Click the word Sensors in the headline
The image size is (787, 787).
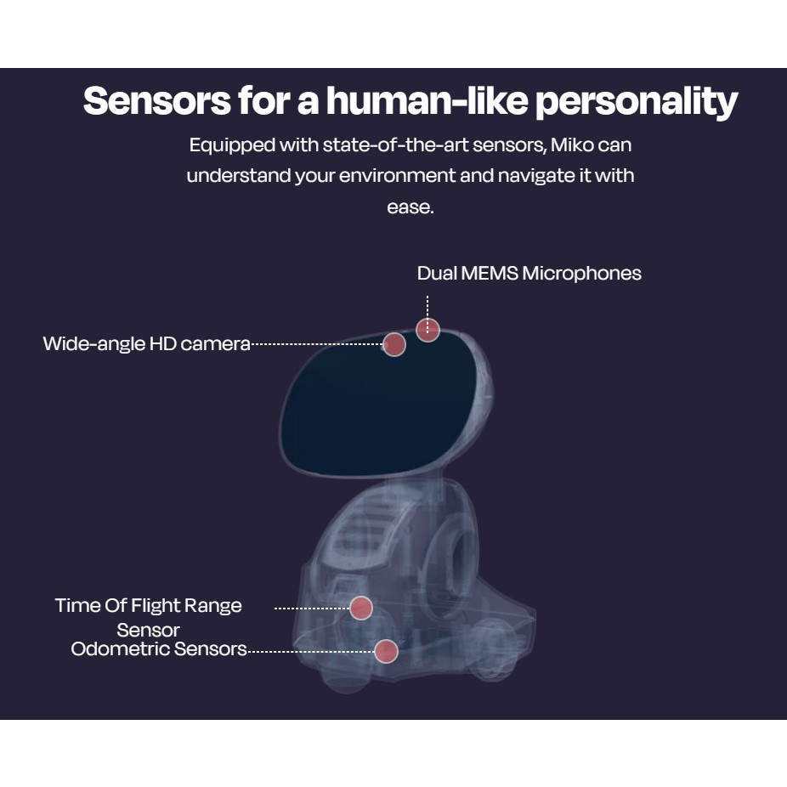coord(157,101)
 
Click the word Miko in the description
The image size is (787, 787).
coord(572,144)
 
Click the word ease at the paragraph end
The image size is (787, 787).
coord(410,207)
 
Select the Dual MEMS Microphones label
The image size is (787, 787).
coord(529,273)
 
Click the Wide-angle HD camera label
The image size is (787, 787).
coord(146,343)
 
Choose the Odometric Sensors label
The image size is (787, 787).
coord(159,649)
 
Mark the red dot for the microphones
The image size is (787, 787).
coord(427,330)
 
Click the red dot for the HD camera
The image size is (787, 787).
coord(394,344)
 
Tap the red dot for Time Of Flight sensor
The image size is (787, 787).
coord(361,608)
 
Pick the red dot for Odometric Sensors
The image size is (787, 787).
coord(386,651)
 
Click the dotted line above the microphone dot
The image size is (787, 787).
coord(427,306)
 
